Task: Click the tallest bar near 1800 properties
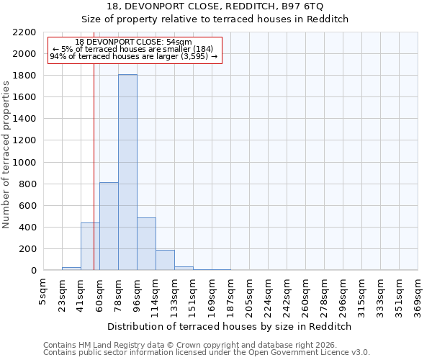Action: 127,173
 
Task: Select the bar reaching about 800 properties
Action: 109,227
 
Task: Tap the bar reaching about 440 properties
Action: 90,247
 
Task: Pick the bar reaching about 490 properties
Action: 146,244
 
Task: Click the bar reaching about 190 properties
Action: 165,260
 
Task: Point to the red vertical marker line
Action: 94,144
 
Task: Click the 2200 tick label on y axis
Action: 24,32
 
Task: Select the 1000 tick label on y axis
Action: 24,163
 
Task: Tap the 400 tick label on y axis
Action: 27,228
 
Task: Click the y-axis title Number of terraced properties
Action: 6,155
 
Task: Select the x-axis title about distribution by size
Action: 229,326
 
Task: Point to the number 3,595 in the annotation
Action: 194,55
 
